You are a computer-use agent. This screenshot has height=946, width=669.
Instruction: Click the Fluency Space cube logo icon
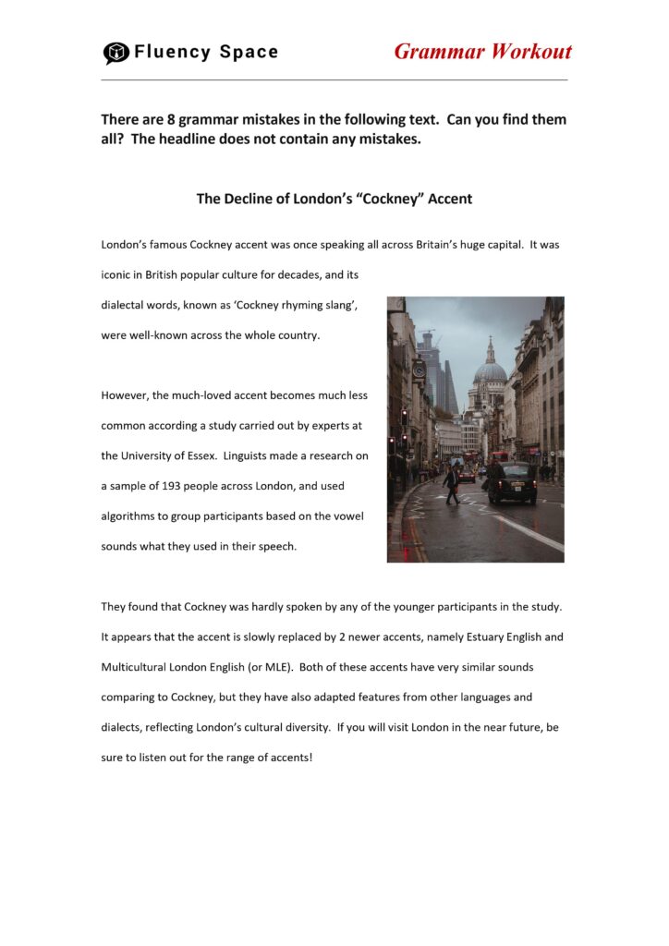(x=116, y=53)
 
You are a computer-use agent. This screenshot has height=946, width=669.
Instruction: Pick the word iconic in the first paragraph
(x=117, y=275)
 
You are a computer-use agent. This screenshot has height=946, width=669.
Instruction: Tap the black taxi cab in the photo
(x=513, y=481)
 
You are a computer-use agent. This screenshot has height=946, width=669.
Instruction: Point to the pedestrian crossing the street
(x=450, y=483)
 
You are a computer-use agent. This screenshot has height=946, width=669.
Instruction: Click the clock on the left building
(x=419, y=368)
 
